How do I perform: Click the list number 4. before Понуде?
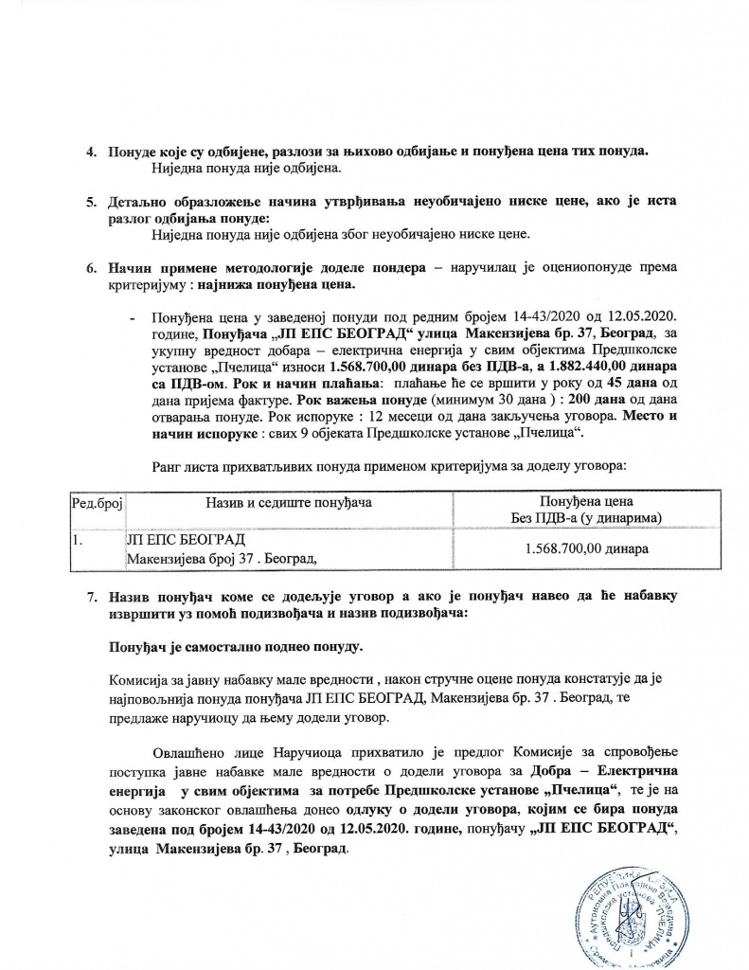(x=92, y=153)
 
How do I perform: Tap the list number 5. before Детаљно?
(x=92, y=202)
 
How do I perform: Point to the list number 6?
(x=92, y=268)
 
